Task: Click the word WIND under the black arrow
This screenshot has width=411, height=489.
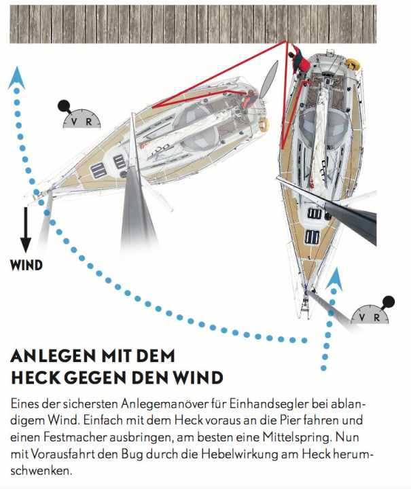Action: (26, 265)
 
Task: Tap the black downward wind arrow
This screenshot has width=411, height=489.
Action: (26, 230)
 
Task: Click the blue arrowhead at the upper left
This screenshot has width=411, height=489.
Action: (16, 78)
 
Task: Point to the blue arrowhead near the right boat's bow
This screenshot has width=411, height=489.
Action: (334, 279)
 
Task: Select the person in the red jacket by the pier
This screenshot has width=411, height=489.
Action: (300, 61)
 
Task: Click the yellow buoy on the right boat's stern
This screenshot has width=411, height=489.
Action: (353, 64)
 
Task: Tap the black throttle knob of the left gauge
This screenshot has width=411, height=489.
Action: (64, 106)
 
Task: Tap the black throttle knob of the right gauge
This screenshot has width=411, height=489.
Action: (389, 302)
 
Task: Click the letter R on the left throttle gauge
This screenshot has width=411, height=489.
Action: (89, 122)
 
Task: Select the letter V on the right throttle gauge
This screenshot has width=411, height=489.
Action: (361, 317)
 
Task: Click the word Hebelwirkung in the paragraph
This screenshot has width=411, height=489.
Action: (239, 454)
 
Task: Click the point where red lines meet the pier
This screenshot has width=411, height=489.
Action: (285, 41)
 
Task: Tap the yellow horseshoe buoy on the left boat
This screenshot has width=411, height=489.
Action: (264, 124)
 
